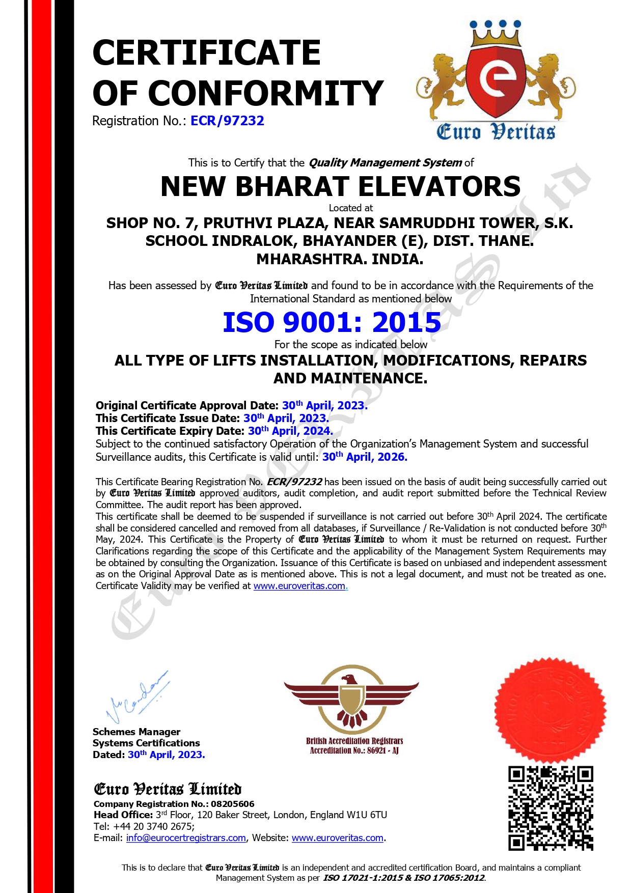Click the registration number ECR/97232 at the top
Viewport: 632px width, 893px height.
point(227,121)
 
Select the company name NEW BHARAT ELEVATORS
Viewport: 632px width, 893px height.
point(340,186)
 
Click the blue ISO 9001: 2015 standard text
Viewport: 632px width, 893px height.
point(332,322)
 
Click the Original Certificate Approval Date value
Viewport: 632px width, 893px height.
point(324,406)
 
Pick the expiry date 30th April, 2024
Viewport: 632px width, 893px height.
point(290,431)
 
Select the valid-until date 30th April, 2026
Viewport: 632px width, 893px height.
point(365,457)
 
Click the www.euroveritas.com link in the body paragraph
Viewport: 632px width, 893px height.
point(299,586)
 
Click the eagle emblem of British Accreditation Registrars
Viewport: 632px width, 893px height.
point(351,697)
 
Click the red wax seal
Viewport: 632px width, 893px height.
point(550,710)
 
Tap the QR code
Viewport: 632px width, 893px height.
point(551,808)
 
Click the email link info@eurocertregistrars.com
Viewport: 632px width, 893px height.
point(186,838)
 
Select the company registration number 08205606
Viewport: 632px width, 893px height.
point(233,804)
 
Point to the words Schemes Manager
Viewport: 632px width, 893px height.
point(136,732)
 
